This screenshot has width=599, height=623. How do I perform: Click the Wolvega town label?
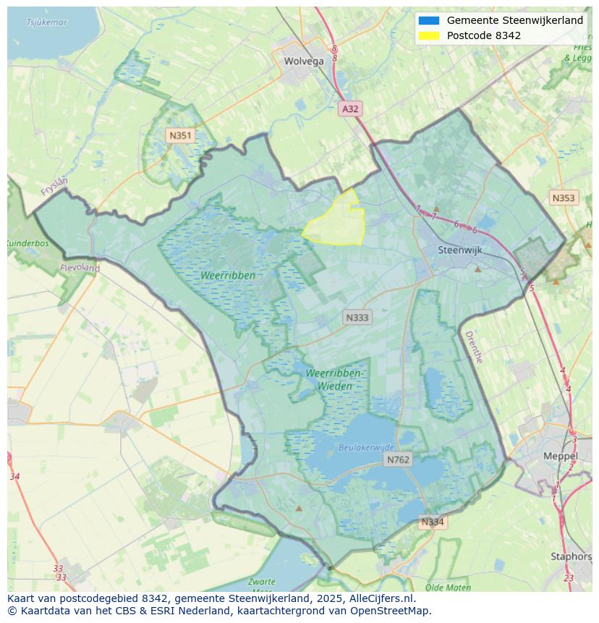tap(304, 61)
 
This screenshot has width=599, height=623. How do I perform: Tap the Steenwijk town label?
tap(460, 250)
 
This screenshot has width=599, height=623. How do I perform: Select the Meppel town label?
tap(560, 456)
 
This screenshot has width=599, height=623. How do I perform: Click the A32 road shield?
tap(350, 109)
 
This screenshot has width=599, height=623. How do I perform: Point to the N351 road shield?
tap(179, 135)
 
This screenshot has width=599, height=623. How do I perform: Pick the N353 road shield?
tap(564, 198)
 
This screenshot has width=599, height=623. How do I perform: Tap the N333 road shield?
tap(357, 317)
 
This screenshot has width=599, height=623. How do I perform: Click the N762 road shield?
tap(398, 459)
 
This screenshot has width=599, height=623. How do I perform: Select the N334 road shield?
tap(433, 522)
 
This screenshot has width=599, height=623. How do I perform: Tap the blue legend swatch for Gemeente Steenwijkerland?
tap(428, 20)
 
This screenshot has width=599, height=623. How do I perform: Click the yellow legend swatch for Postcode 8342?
tap(428, 35)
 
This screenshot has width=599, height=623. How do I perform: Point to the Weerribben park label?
tap(229, 276)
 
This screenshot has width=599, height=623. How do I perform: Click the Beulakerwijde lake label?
tap(367, 448)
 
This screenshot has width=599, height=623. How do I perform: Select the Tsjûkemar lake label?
tap(46, 22)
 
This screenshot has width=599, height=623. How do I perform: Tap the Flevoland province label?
tap(80, 268)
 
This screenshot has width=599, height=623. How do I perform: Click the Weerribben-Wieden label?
tap(334, 379)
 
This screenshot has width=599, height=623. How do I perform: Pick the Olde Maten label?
tap(448, 588)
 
